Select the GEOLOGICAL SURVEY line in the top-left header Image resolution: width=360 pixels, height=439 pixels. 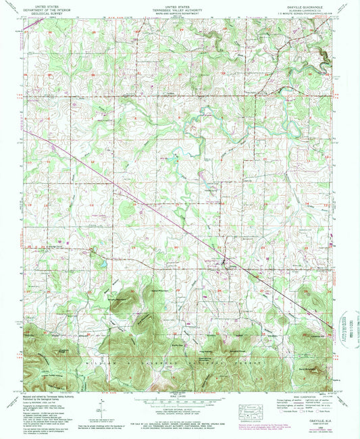click(48, 11)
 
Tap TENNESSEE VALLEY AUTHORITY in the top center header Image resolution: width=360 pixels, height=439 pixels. click(179, 8)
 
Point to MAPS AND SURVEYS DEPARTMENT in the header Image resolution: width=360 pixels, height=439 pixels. click(179, 11)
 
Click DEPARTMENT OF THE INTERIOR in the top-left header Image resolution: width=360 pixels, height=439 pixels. click(48, 8)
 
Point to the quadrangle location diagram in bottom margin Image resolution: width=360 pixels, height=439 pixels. click(253, 410)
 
